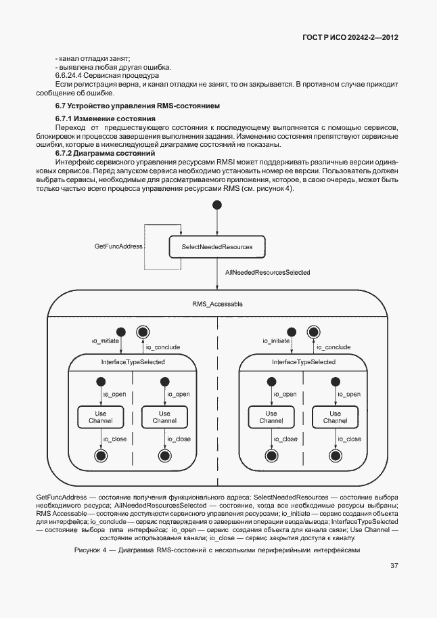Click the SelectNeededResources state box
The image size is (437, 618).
217,247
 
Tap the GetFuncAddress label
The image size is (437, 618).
118,246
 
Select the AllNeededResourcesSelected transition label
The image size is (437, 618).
267,272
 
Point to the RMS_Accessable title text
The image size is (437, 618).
217,305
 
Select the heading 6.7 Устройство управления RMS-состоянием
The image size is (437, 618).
137,106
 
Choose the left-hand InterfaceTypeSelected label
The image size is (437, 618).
133,362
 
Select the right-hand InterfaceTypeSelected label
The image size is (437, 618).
304,362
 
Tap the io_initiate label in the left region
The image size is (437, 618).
105,341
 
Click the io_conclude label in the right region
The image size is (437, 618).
333,347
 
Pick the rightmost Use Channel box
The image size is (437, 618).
335,417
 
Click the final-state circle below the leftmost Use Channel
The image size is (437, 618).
101,456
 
